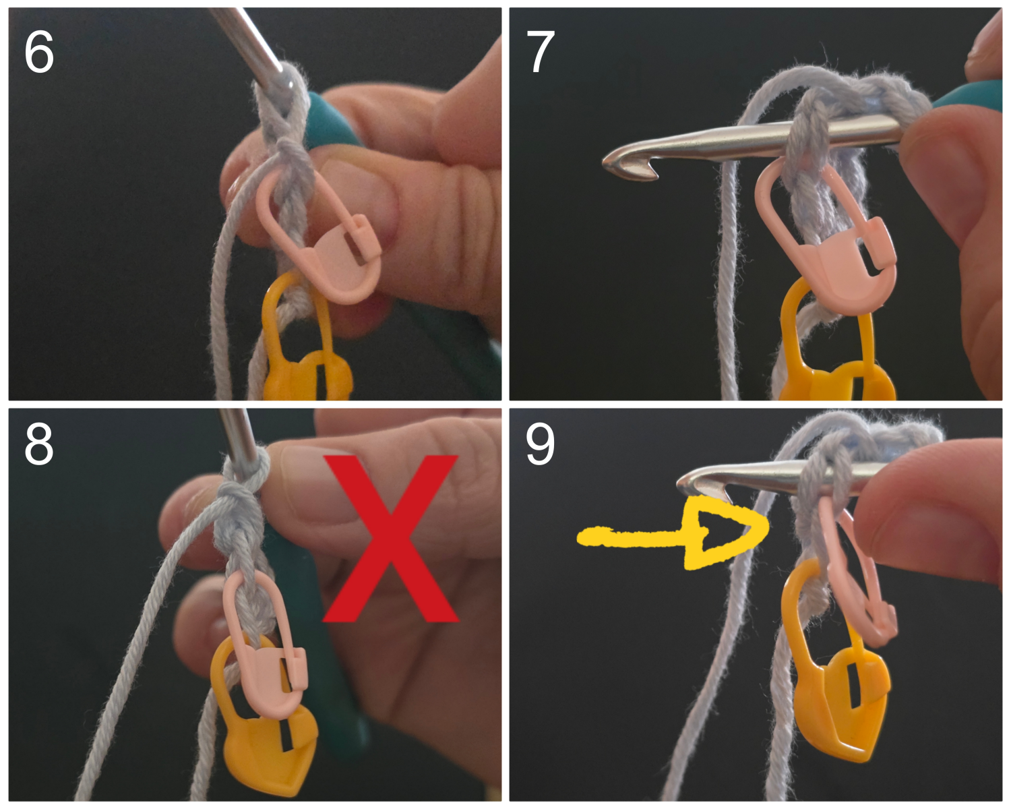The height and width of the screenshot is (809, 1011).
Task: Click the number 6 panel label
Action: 39,53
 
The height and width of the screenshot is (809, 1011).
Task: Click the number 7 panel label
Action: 540,53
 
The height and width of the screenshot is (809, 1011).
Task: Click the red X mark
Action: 390,538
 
